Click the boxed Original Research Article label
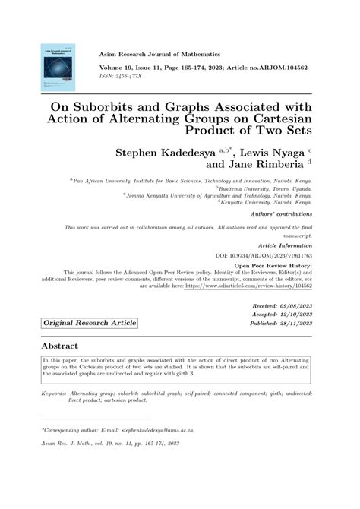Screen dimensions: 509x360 click(x=90, y=323)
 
